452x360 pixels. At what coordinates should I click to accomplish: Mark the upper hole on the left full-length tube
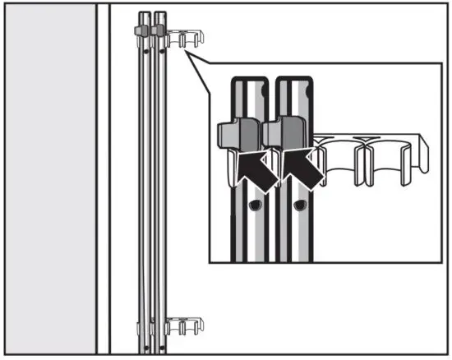pyautogui.click(x=146, y=50)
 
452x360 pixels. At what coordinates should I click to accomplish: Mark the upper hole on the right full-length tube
pyautogui.click(x=161, y=50)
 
